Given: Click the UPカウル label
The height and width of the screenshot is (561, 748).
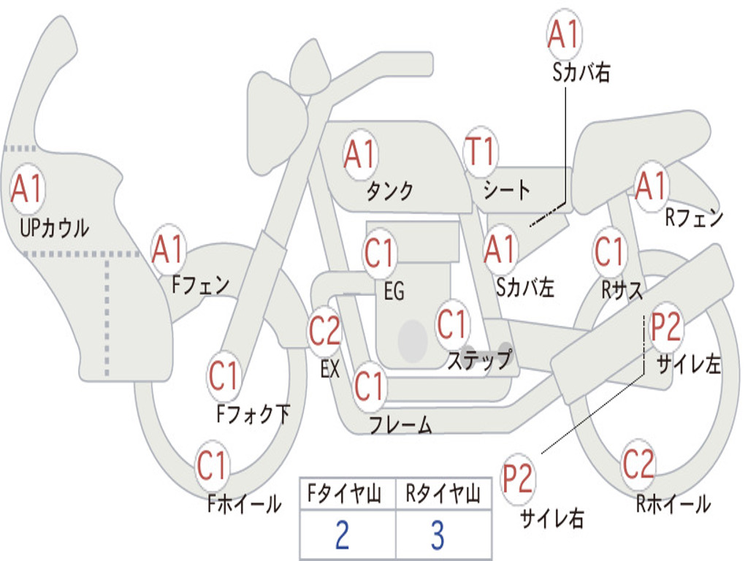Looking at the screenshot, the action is pyautogui.click(x=54, y=228).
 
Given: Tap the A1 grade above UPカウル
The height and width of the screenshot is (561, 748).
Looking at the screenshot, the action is pyautogui.click(x=27, y=189).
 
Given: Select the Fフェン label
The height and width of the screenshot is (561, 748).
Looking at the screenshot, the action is pyautogui.click(x=200, y=286).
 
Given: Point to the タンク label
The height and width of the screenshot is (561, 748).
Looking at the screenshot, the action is pyautogui.click(x=390, y=191).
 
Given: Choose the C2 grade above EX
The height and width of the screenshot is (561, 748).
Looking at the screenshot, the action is pyautogui.click(x=325, y=331).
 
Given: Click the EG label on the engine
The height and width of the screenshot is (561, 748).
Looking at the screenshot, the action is pyautogui.click(x=394, y=291).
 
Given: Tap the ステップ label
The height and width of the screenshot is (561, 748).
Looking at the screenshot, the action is pyautogui.click(x=479, y=359).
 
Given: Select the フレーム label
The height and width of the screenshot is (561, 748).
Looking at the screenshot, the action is pyautogui.click(x=401, y=424).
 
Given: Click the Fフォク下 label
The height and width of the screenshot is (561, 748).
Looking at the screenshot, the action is pyautogui.click(x=253, y=413).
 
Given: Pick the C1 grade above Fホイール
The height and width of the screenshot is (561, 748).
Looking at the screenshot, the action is pyautogui.click(x=211, y=465).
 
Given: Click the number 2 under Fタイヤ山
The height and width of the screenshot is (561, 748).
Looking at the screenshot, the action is pyautogui.click(x=342, y=535).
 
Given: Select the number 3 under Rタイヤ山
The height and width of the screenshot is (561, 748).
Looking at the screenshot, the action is pyautogui.click(x=438, y=535).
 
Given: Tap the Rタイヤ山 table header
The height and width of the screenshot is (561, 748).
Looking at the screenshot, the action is pyautogui.click(x=443, y=494).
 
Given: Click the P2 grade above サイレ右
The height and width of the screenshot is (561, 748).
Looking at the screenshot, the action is pyautogui.click(x=517, y=478).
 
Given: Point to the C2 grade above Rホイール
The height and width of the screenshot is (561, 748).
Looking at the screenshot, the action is pyautogui.click(x=638, y=464).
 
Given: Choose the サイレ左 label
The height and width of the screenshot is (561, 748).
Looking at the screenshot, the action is pyautogui.click(x=689, y=365).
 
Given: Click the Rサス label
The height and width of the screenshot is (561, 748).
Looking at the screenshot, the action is pyautogui.click(x=622, y=290).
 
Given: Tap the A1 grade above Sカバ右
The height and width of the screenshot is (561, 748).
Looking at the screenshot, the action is pyautogui.click(x=565, y=34).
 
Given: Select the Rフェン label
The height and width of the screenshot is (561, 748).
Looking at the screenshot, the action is pyautogui.click(x=694, y=218).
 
